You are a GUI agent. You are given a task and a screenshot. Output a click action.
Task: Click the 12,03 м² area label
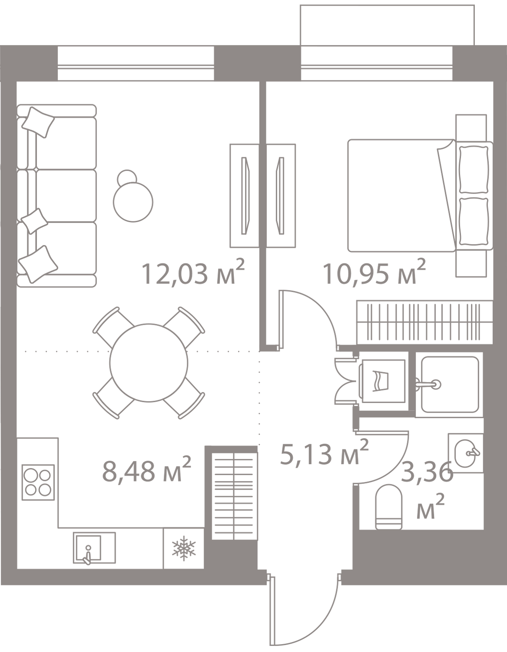tap(194, 273)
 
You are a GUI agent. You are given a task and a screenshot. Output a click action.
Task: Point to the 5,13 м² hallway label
tap(324, 453)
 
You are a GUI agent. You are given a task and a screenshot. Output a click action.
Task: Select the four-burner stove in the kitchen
tap(37, 482)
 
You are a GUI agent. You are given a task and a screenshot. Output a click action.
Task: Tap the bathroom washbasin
tap(465, 453)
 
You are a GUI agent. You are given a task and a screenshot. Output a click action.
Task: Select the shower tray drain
tap(436, 384)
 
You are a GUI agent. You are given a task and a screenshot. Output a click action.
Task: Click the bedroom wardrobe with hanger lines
tap(423, 322)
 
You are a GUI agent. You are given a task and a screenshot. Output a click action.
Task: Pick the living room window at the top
tap(136, 63)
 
